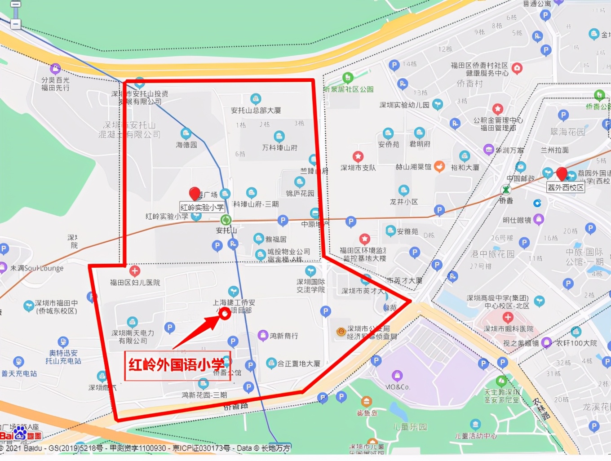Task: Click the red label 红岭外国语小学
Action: (x=177, y=365)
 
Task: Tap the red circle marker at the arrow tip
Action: (x=224, y=314)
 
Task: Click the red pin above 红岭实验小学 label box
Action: (x=195, y=194)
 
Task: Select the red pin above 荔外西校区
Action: (x=562, y=173)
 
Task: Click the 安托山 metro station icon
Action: (x=226, y=220)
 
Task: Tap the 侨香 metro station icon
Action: (x=506, y=190)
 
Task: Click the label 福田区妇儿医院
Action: (x=135, y=283)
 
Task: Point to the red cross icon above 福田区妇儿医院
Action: (x=134, y=271)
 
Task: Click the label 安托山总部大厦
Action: (x=256, y=110)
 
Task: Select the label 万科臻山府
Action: (x=279, y=147)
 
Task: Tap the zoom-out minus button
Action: (x=16, y=23)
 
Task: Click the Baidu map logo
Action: (x=20, y=435)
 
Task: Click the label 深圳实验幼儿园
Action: (x=404, y=105)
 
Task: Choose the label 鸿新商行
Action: (x=283, y=336)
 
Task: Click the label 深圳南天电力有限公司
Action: (x=133, y=337)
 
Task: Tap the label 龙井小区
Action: (x=403, y=202)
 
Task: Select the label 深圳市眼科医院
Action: (x=508, y=329)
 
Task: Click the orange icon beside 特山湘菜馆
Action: (x=439, y=167)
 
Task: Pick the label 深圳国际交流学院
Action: (x=310, y=286)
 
